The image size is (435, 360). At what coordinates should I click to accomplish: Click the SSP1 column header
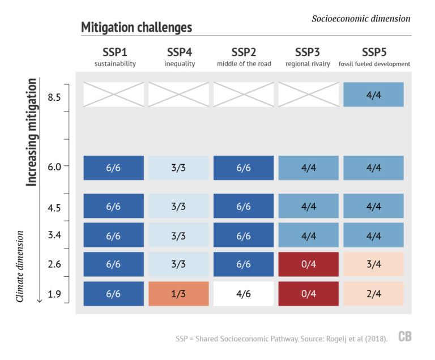(115, 53)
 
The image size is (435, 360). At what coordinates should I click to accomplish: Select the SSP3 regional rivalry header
(309, 57)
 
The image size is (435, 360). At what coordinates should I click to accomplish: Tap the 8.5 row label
(54, 97)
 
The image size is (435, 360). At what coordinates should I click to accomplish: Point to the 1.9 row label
(54, 294)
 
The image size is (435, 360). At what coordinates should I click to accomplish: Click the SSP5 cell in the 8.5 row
(373, 95)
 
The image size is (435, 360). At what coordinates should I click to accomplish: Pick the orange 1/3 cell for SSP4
(179, 294)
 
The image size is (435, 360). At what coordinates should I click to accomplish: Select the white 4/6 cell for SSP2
(244, 294)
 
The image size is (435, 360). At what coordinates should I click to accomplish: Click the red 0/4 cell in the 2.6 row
(309, 264)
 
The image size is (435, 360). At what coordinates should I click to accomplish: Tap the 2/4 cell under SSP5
(373, 294)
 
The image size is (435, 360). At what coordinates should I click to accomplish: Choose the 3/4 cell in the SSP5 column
(373, 264)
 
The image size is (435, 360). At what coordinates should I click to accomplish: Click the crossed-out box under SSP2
(244, 95)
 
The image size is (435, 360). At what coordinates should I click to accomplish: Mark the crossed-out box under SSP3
(309, 95)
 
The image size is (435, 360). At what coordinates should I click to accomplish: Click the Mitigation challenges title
(137, 27)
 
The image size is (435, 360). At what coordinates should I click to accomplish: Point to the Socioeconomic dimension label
(361, 19)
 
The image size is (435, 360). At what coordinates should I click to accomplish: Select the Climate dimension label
(20, 265)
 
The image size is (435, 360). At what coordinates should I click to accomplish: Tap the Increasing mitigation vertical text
(32, 132)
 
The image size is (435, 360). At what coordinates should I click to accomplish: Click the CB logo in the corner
(404, 337)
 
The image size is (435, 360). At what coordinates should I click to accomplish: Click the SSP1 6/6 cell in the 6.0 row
(114, 168)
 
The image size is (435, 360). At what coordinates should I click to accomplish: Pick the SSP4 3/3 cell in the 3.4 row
(179, 235)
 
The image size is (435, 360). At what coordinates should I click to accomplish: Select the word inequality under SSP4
(180, 64)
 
